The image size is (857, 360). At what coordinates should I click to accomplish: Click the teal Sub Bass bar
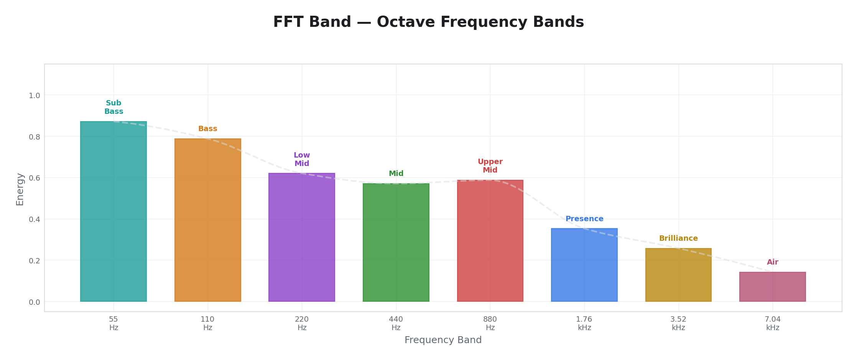click(113, 211)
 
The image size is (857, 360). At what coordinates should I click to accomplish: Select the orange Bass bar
click(207, 220)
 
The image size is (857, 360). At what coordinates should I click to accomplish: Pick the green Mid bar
click(396, 242)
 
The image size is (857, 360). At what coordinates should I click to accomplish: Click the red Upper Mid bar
click(490, 241)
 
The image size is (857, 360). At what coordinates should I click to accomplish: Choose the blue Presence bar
click(584, 265)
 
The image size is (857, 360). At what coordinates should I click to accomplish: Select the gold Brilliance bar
click(678, 275)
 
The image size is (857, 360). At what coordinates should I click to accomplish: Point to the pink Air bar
click(772, 287)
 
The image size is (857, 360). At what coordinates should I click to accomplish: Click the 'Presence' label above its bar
click(584, 219)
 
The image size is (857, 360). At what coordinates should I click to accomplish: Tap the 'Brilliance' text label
click(678, 238)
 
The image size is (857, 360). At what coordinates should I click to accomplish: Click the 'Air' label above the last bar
click(773, 262)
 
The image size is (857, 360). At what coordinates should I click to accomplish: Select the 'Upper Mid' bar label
click(490, 166)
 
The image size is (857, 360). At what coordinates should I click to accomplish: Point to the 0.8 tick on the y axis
click(35, 136)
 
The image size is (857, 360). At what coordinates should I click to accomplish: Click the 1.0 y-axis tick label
click(35, 95)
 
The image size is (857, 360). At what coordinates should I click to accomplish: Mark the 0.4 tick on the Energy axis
click(35, 219)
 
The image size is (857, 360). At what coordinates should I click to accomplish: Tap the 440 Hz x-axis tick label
click(396, 324)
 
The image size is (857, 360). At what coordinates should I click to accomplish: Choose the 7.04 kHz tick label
click(773, 324)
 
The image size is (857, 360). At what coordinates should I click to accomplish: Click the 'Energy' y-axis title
click(20, 189)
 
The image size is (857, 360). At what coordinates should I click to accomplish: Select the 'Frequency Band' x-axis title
click(443, 340)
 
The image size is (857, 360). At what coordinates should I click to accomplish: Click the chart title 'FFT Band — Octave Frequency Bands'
click(428, 22)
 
